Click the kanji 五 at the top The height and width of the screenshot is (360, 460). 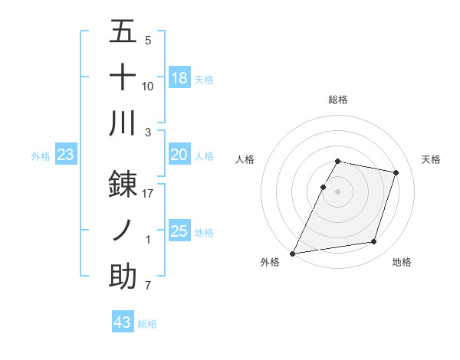click(x=123, y=31)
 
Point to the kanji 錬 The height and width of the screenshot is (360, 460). click(x=123, y=183)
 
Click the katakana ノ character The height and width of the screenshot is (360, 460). click(x=123, y=230)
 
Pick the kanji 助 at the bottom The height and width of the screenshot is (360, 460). click(x=123, y=277)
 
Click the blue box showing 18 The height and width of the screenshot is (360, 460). click(x=179, y=78)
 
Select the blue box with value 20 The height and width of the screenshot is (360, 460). click(x=179, y=155)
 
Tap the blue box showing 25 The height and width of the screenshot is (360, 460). click(x=179, y=231)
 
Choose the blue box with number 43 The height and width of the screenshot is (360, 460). click(x=123, y=322)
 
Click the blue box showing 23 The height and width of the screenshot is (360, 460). click(x=65, y=155)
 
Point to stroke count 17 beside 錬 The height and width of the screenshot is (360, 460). click(x=148, y=194)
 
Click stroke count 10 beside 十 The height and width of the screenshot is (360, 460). click(x=148, y=87)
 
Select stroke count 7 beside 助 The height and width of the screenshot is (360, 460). click(x=148, y=286)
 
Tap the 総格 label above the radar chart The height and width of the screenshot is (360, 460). click(x=338, y=100)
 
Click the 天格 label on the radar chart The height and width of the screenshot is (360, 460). click(x=431, y=159)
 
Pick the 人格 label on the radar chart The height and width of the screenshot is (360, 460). click(x=245, y=159)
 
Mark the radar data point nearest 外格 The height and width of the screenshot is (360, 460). click(x=293, y=253)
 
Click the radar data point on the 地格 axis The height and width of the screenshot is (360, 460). click(x=374, y=242)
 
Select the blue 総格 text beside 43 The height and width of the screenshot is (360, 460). click(x=147, y=324)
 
